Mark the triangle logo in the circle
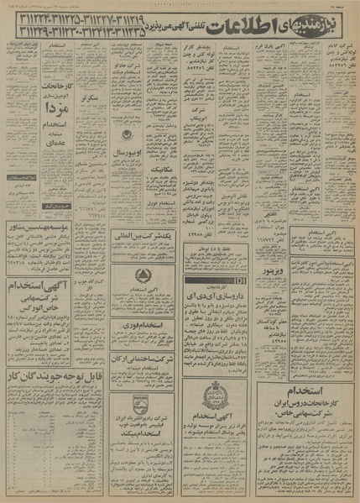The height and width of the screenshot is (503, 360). click(152, 275)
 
